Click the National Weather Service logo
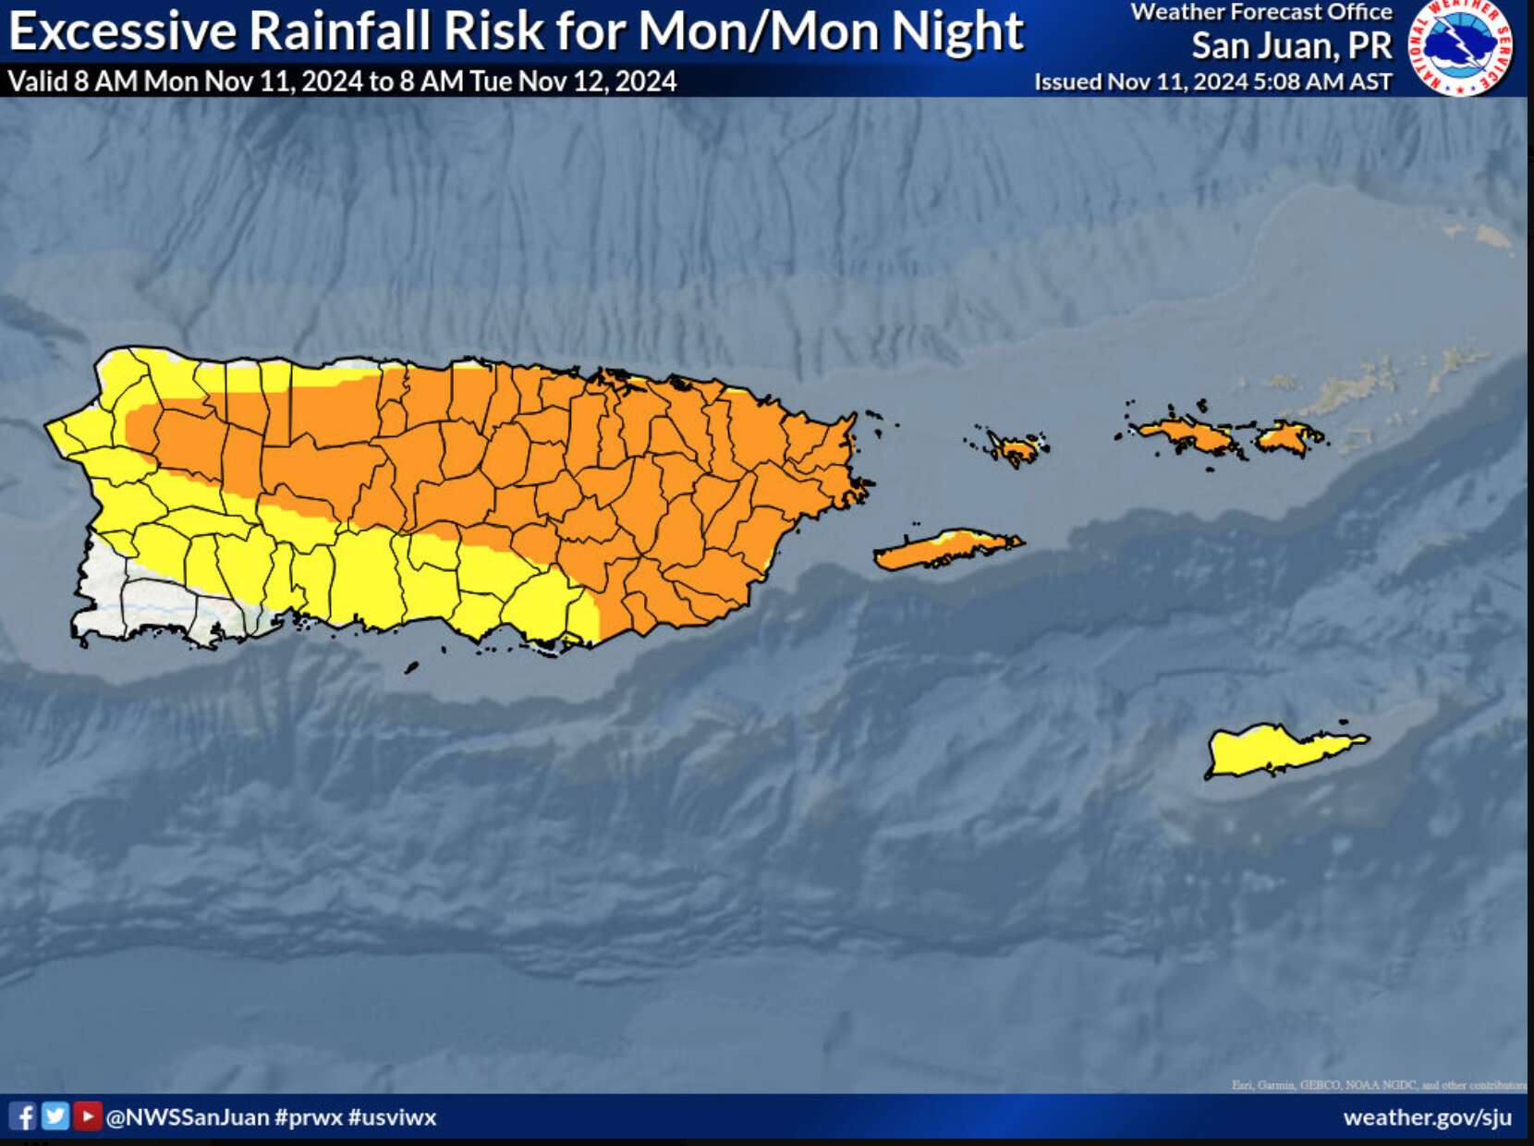pos(1461,47)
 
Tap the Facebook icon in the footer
pos(23,1116)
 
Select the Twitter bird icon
pos(55,1116)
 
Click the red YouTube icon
pos(87,1116)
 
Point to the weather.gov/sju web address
pos(1427,1117)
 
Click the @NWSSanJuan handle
pos(188,1117)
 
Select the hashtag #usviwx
pos(392,1117)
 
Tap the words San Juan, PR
pos(1291,45)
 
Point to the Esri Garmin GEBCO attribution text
pos(1378,1085)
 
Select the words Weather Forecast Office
pos(1261,12)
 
